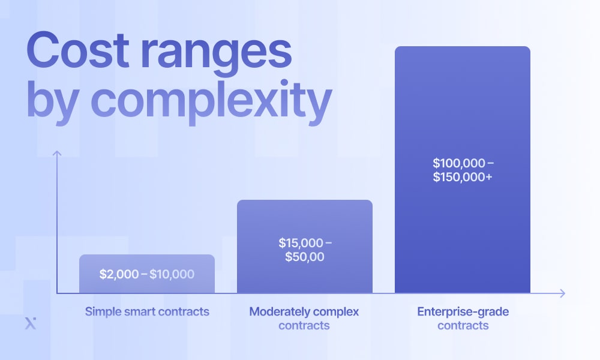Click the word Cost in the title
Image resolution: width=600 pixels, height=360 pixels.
coord(77,50)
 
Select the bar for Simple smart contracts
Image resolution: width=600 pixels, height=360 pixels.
coord(147,274)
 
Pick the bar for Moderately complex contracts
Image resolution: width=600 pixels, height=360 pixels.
coord(305,247)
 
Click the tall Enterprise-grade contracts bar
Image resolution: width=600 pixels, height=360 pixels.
coord(463,169)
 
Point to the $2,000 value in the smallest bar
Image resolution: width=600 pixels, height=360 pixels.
coord(119,274)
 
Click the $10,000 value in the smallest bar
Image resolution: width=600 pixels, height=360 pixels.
coord(172,274)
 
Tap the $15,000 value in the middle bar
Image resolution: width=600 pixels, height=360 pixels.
coord(301,243)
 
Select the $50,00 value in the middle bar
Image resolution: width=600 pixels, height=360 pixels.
coord(305,257)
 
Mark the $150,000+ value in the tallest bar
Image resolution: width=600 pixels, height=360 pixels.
coord(463,177)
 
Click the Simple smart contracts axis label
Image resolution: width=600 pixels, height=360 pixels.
coord(147,312)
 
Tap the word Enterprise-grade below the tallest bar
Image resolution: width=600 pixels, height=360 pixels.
coord(463,312)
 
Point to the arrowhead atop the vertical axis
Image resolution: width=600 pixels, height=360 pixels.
coord(57,153)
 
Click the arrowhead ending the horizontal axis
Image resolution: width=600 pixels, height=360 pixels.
coord(562,293)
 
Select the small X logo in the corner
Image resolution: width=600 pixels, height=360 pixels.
coord(31,323)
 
